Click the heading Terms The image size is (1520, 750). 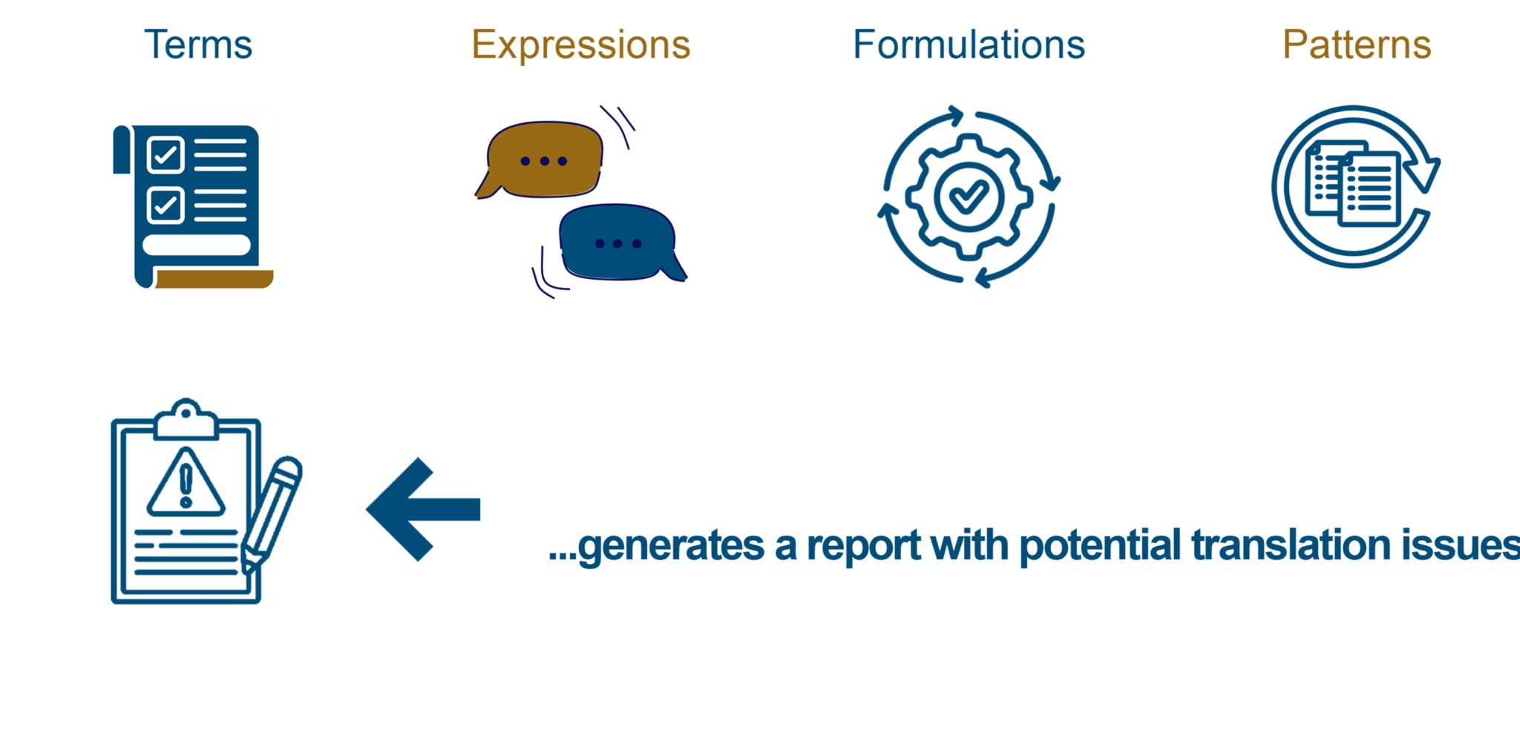pos(198,45)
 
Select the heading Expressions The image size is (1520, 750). pos(581,45)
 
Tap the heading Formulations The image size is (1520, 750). pos(969,45)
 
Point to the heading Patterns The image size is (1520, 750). pos(1357,45)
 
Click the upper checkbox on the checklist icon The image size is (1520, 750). pos(166,154)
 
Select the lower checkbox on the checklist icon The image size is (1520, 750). pos(166,205)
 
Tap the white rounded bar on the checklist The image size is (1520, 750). pos(196,245)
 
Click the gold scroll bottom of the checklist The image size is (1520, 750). pos(215,280)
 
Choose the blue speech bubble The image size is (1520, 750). pos(617,243)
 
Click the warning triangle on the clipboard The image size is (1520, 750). pos(186,484)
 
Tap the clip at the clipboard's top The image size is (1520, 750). pos(186,421)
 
